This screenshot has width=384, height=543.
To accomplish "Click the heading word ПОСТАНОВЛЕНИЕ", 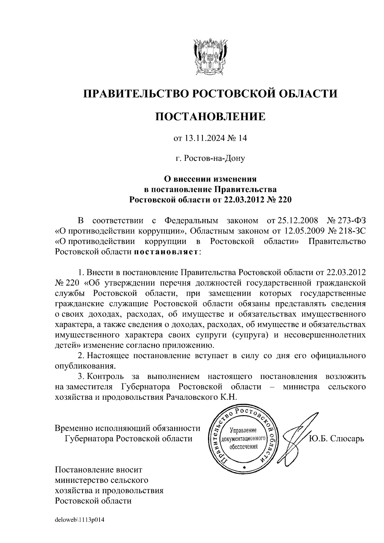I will pos(210,116).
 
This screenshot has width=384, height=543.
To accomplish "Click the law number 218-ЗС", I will pos(352,231).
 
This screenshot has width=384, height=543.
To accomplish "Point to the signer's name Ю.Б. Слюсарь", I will pos(336,438).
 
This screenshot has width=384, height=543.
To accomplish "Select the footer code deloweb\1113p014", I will pos(80,520).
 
